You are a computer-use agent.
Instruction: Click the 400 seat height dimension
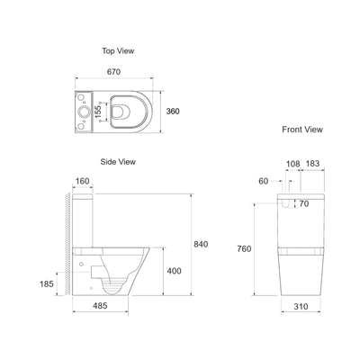[x=175, y=269]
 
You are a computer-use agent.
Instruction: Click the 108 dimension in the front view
[x=292, y=164]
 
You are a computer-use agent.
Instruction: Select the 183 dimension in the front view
[x=311, y=164]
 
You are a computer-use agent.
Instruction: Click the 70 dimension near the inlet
[x=303, y=204]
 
